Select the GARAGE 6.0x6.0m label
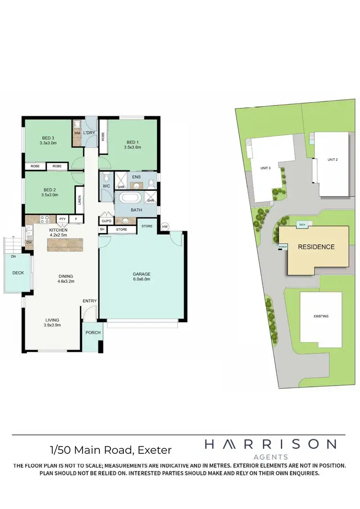[142, 277]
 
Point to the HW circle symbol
[165, 226]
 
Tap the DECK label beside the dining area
[18, 273]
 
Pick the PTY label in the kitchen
[62, 219]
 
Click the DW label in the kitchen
[29, 243]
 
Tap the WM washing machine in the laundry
[77, 132]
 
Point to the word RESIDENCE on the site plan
[316, 247]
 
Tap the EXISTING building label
[321, 317]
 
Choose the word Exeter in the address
[155, 450]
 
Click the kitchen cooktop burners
[45, 220]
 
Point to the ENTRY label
[90, 301]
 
